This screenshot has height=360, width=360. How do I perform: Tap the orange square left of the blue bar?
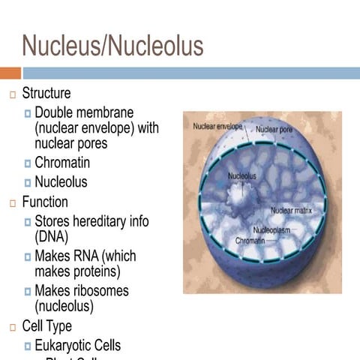click(10, 73)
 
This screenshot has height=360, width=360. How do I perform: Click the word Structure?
click(46, 94)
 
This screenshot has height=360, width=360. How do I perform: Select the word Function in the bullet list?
click(45, 202)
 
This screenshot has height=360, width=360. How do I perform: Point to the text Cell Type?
click(47, 326)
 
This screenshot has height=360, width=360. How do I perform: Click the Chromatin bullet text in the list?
click(62, 162)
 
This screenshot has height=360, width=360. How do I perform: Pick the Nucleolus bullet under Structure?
click(61, 181)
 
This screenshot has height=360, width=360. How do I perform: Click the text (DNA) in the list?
click(52, 236)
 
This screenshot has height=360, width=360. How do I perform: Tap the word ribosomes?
click(101, 290)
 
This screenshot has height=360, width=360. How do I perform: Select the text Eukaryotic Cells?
click(77, 345)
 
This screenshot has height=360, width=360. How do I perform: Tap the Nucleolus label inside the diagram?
click(241, 176)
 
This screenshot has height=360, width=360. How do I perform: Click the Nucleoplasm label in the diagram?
click(272, 230)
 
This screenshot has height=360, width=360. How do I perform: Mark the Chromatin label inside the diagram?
click(250, 241)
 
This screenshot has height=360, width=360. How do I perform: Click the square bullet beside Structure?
click(12, 94)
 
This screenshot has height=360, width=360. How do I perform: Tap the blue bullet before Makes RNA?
click(27, 256)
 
